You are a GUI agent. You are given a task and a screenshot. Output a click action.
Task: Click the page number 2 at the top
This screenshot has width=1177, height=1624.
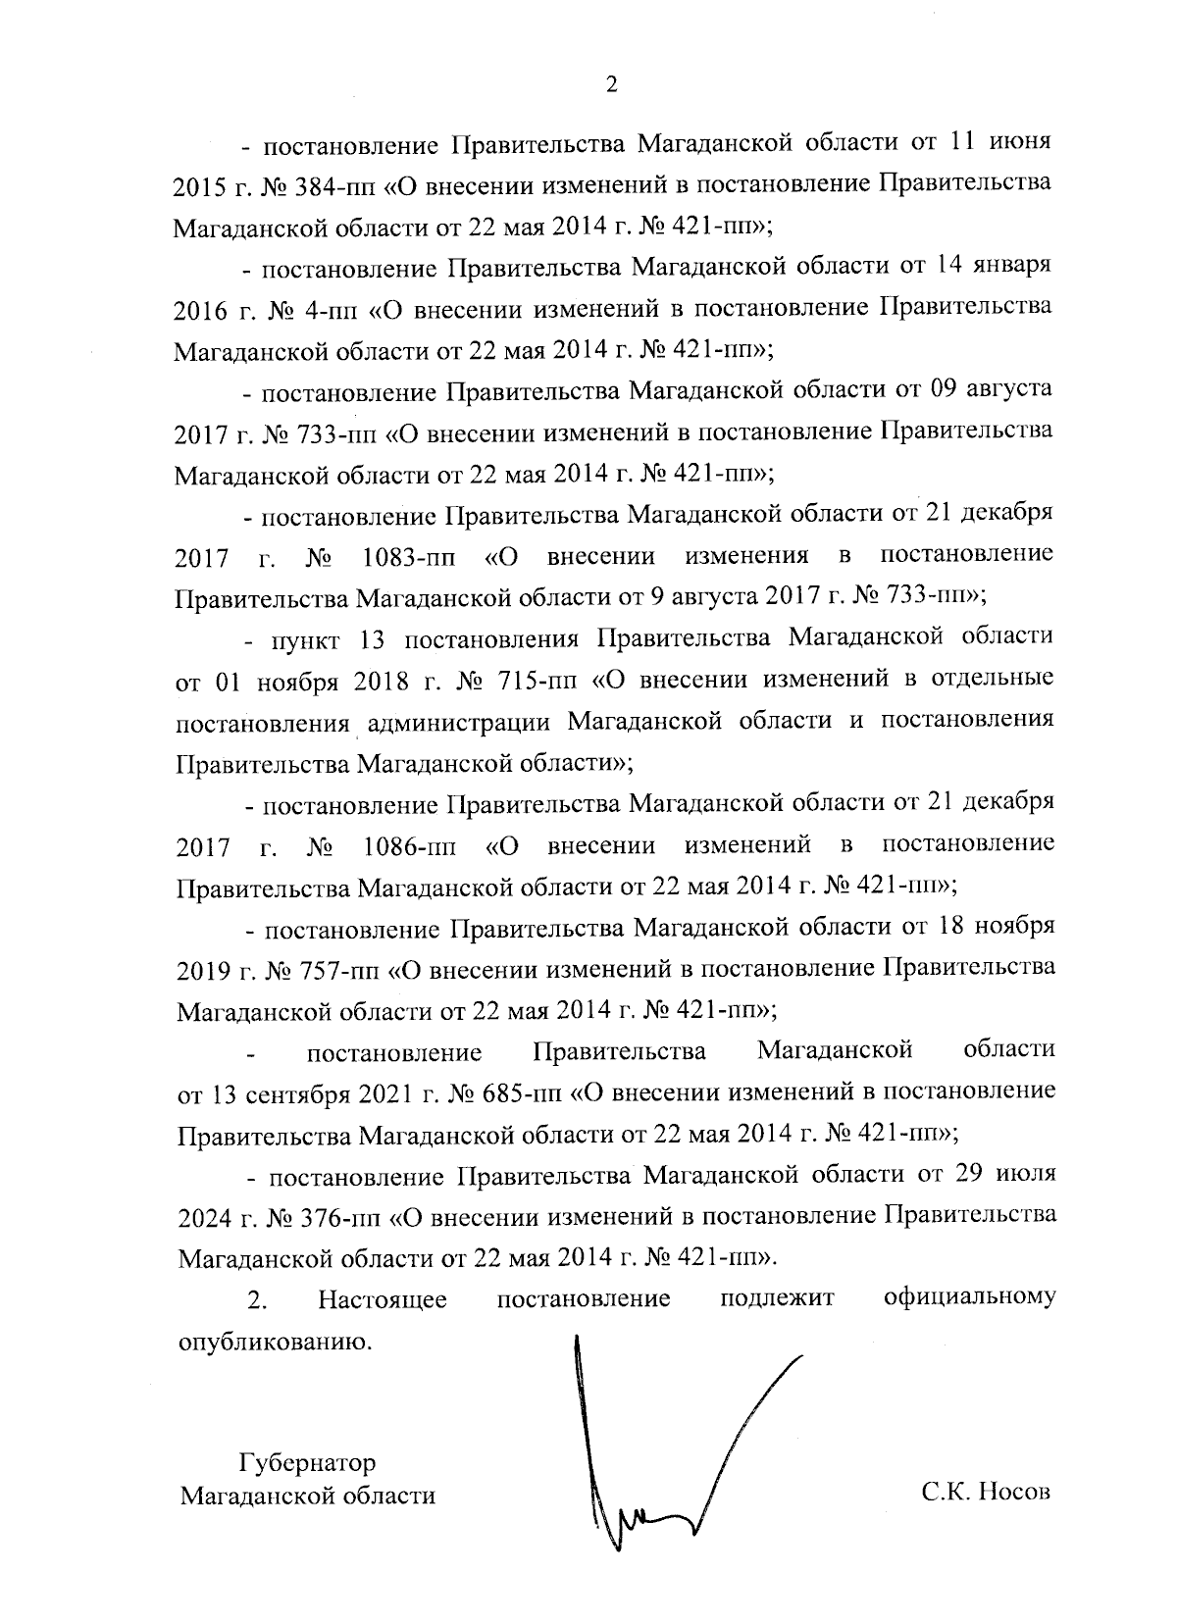pos(611,85)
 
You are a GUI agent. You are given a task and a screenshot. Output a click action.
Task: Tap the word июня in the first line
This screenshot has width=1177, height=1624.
pos(1023,142)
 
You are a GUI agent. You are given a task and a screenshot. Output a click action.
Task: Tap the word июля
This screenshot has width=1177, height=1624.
pos(1026,1174)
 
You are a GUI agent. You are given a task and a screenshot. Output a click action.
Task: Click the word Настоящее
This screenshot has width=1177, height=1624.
pos(383,1300)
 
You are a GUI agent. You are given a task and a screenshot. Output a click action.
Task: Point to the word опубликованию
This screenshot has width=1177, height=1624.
pos(275,1342)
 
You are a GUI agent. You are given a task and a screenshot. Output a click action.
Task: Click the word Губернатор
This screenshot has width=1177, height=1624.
pos(307,1463)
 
